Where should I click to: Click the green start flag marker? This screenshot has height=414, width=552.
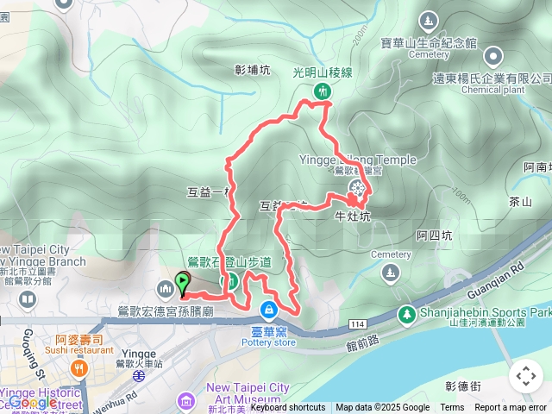coord(183,281)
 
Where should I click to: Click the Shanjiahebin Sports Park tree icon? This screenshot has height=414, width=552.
coord(405,316)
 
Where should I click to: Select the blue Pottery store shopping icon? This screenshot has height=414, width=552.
coord(269,309)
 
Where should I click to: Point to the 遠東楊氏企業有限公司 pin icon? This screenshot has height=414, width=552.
coord(493,58)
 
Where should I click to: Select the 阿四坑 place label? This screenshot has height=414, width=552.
coord(433,234)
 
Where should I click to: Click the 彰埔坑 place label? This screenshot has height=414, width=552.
coord(252,70)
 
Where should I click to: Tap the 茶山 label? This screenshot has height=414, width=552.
coord(520,202)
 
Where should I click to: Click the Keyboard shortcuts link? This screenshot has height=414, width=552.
coord(288,408)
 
